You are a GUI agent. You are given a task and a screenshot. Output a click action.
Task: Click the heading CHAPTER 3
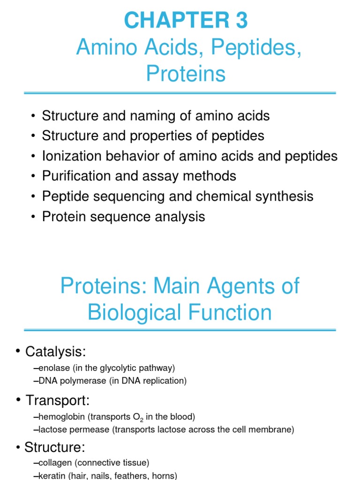tap(186, 21)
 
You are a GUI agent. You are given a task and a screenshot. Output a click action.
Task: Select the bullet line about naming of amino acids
tap(156, 115)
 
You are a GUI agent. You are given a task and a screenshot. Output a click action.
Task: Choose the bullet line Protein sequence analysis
tap(123, 217)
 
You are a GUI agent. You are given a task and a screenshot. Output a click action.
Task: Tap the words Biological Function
tap(180, 313)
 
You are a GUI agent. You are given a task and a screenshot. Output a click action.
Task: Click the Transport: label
tap(57, 400)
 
